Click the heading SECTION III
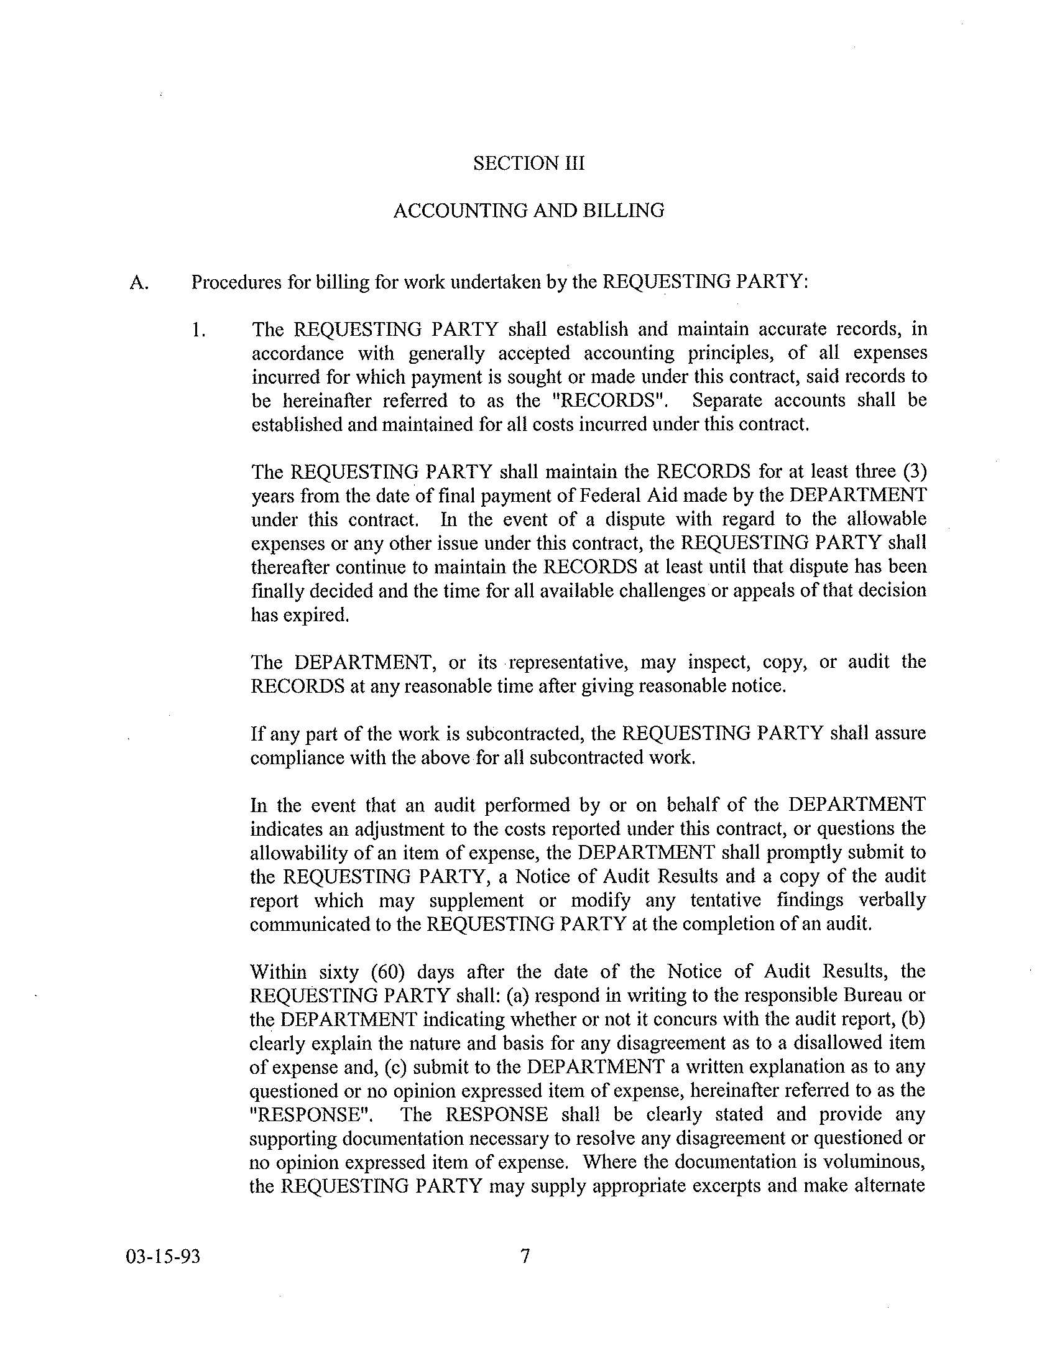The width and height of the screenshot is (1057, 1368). tap(528, 164)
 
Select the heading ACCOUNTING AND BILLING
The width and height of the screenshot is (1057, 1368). tap(528, 210)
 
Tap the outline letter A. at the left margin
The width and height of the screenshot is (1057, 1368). tap(139, 283)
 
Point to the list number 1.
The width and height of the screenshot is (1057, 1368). tap(199, 330)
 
